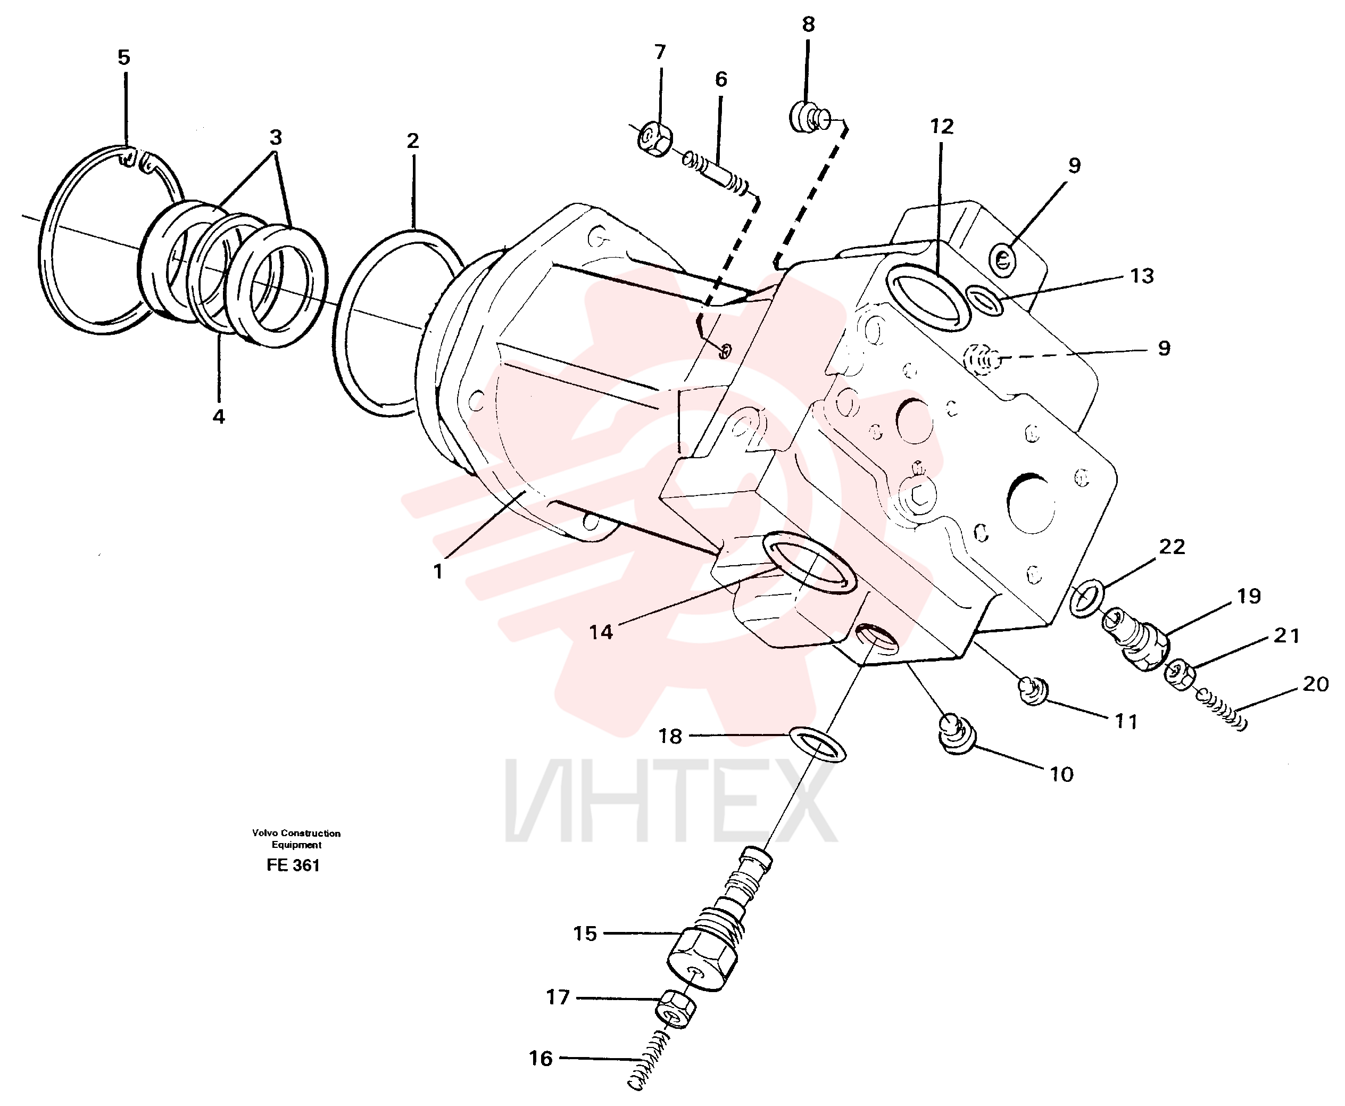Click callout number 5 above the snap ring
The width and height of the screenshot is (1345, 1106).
click(x=123, y=57)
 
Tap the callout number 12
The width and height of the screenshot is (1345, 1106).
click(x=942, y=126)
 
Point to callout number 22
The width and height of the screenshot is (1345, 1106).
click(x=1172, y=546)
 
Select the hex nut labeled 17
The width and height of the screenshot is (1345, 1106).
click(x=676, y=1008)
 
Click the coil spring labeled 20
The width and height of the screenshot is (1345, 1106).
click(x=1220, y=709)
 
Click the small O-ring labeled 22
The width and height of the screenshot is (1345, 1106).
click(x=1086, y=598)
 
